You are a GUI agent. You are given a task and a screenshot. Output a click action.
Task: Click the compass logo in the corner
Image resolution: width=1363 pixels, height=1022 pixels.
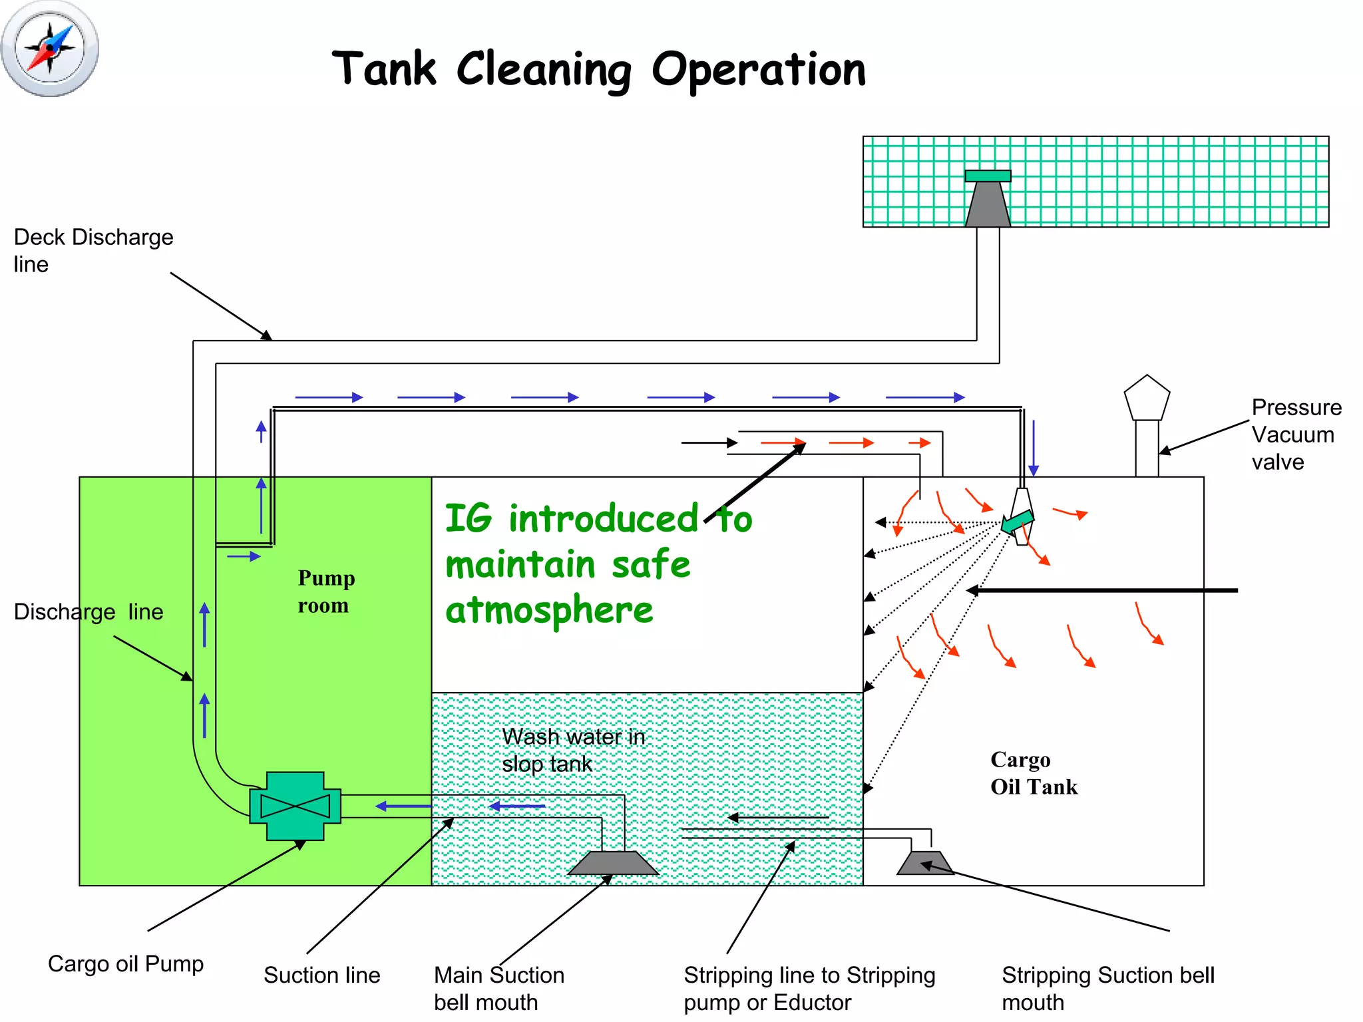pos(50,49)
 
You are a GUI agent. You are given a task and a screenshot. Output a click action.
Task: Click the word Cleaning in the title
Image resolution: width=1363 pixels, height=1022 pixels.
pos(544,69)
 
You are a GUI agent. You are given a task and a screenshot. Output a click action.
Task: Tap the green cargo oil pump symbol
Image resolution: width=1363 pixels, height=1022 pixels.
pos(295,806)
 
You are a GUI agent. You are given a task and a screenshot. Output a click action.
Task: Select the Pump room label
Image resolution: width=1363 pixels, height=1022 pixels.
pos(325,591)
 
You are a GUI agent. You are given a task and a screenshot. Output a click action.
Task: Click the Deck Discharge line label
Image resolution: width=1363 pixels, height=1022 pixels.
pos(93,250)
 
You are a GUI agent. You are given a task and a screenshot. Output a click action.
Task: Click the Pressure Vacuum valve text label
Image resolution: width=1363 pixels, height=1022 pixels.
pos(1295,434)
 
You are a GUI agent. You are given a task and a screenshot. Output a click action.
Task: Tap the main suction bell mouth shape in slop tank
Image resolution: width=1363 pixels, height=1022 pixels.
pos(613,863)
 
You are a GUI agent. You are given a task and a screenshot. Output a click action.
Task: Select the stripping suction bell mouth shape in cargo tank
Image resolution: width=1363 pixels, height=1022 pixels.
pos(925,863)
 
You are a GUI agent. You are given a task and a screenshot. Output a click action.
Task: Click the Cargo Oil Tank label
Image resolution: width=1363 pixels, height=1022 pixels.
pos(1032,773)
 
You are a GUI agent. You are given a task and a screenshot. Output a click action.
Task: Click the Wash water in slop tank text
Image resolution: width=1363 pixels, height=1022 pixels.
pos(573,750)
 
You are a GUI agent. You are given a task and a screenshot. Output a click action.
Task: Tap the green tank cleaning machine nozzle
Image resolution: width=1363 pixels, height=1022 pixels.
pos(1017,521)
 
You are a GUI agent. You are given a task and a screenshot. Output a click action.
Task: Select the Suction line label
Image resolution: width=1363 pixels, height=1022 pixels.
pos(321,975)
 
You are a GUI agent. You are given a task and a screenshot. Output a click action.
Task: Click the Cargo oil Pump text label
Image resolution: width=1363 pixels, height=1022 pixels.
pos(125,963)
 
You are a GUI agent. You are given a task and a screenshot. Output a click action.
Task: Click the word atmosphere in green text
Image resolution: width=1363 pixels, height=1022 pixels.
pos(549,609)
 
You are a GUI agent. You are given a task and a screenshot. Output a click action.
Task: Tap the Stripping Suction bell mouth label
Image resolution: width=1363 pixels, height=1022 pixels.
pos(1107,988)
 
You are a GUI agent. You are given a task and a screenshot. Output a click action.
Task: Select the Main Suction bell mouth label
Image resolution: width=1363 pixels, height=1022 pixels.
pos(498,988)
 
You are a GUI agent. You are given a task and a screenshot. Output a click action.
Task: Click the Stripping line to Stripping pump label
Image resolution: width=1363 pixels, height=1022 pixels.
pos(809,988)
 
